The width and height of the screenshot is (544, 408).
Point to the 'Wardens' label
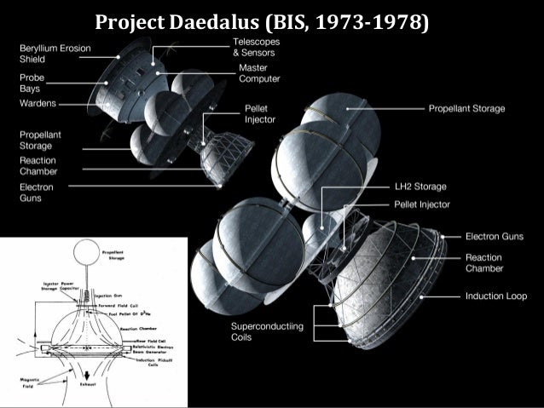[38, 103]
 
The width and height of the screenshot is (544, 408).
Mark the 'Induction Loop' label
[496, 296]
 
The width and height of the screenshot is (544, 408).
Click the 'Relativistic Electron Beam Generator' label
[154, 349]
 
